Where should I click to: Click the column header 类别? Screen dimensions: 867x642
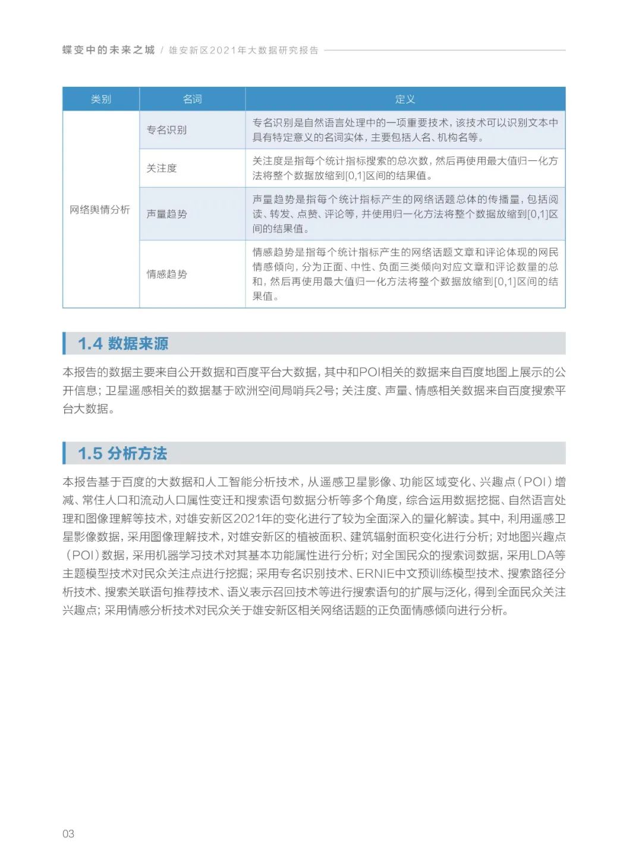click(101, 99)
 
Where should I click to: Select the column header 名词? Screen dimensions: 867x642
click(192, 99)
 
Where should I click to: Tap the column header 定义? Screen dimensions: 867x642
click(405, 99)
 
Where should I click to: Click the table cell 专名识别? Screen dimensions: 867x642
click(166, 130)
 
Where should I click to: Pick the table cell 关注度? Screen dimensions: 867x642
click(162, 168)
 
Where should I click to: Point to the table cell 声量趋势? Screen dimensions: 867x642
click(166, 214)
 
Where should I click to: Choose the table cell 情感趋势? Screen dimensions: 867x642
click(166, 274)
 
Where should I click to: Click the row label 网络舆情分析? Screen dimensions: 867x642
click(100, 210)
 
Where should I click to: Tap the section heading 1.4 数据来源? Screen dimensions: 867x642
click(123, 343)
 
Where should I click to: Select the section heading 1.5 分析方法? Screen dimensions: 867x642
click(122, 453)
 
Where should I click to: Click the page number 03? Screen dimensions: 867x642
click(68, 834)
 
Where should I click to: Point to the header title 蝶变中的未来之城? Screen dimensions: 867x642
click(108, 51)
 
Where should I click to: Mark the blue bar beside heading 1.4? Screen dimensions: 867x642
click(64, 343)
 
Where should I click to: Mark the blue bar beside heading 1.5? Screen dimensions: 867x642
click(64, 453)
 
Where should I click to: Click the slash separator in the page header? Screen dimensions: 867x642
click(162, 51)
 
